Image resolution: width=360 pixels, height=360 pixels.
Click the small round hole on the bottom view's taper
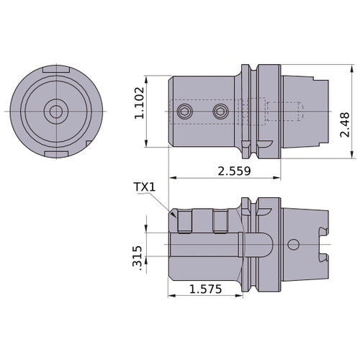293,243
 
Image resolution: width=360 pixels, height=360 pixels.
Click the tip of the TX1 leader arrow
175,215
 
